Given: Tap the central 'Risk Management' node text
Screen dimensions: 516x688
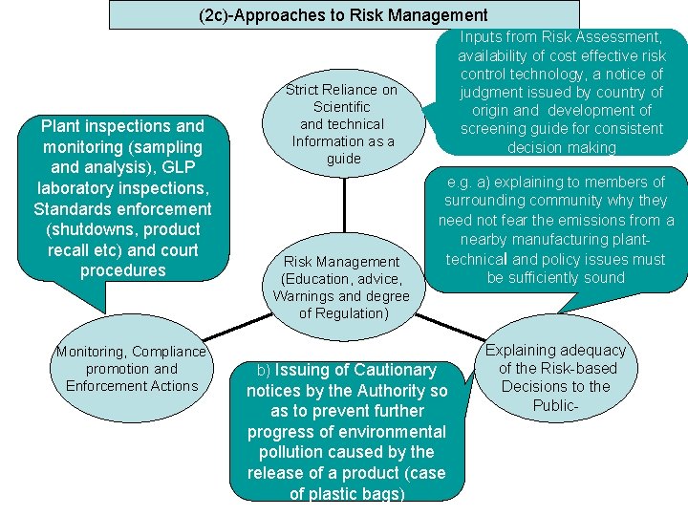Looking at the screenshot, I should (341, 262).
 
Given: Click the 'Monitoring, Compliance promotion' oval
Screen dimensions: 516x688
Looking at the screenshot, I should (131, 369).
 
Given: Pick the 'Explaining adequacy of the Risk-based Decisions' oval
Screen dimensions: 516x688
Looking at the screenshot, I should (556, 377).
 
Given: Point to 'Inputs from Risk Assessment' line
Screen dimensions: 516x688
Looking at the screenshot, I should (561, 37).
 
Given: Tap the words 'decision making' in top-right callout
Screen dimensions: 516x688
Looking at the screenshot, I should (561, 147).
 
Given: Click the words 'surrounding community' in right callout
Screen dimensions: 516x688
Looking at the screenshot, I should (522, 201).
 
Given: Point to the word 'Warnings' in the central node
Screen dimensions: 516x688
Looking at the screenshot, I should (305, 296).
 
